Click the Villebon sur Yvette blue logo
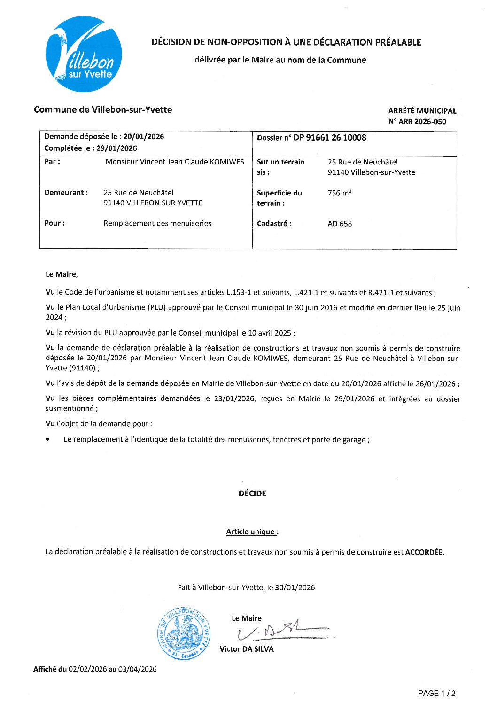(84, 54)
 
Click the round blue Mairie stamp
(184, 633)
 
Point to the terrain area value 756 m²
(340, 193)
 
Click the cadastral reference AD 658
(340, 224)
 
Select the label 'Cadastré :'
(274, 224)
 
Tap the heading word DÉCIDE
(252, 493)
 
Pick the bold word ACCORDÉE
(424, 552)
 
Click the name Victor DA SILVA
(247, 649)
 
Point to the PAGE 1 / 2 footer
(436, 693)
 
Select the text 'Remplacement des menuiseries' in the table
(157, 223)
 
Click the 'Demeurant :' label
(66, 193)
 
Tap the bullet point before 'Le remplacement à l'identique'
(48, 440)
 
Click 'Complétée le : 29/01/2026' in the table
(91, 148)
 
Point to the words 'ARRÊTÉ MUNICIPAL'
(422, 111)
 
